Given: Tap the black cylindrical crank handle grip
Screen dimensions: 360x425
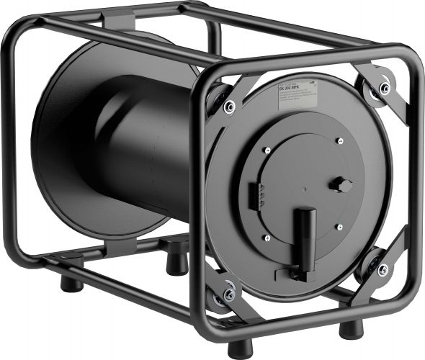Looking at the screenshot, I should [304, 231].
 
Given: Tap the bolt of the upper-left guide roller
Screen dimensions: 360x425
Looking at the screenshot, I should [229, 107].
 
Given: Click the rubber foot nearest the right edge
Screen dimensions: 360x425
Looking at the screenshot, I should [351, 328].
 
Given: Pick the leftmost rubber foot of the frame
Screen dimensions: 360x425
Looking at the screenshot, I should [71, 283].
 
